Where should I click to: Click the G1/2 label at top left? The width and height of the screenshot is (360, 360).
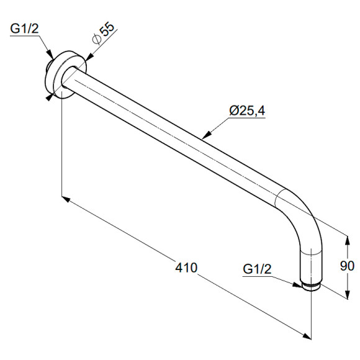pos(25,29)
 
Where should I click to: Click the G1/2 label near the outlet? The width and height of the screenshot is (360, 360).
pos(257,269)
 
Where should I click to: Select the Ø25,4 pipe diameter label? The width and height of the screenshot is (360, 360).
pos(247,110)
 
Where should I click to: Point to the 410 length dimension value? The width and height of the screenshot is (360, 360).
pos(186,268)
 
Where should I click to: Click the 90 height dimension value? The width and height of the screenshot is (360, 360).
pos(347,266)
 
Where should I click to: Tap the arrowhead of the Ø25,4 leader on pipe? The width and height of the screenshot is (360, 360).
pos(207,135)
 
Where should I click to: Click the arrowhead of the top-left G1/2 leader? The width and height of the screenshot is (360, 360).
pos(50,55)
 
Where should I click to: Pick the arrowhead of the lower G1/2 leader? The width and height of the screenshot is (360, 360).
pos(297,285)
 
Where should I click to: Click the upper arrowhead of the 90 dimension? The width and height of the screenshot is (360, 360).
pos(348,241)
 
